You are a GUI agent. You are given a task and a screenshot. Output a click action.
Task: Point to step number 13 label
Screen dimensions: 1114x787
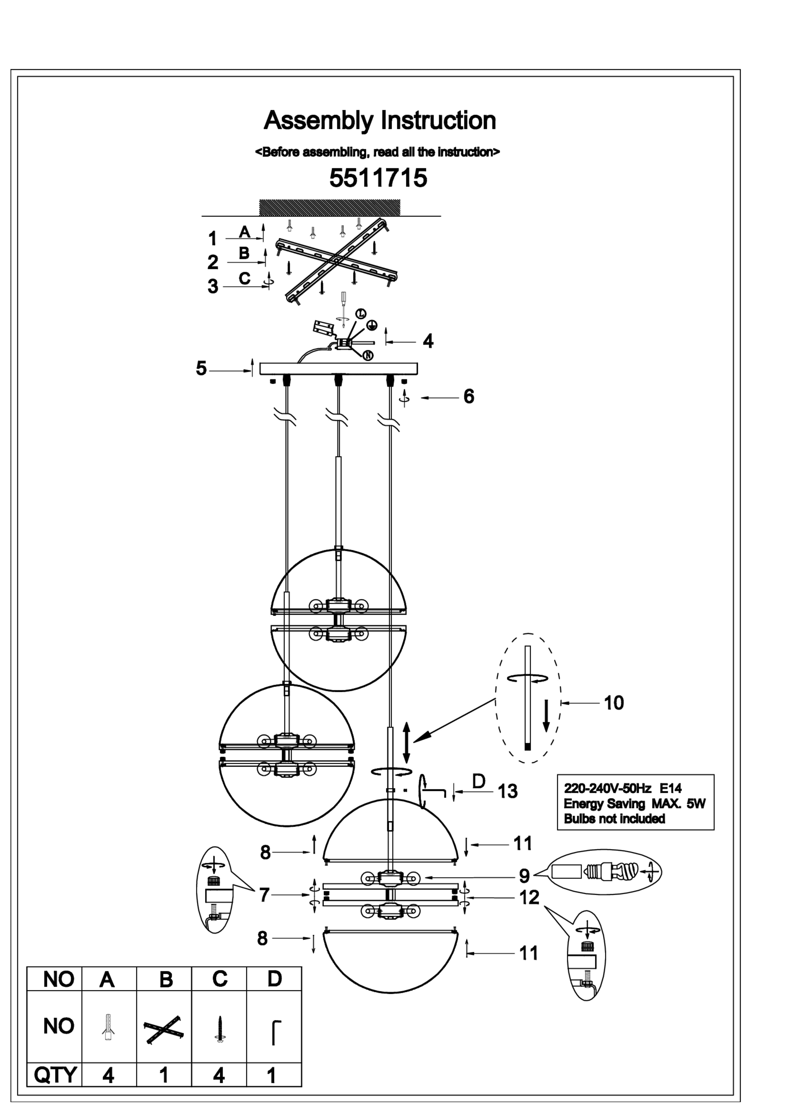[508, 791]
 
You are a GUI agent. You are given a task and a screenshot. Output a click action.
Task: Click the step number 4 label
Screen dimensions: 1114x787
[428, 342]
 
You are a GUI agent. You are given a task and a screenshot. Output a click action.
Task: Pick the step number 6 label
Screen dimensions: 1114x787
[468, 396]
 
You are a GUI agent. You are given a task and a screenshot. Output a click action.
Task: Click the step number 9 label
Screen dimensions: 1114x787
[524, 876]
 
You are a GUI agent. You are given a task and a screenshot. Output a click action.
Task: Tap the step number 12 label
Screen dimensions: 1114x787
[529, 898]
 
